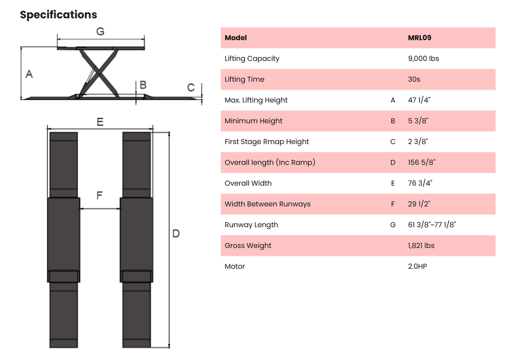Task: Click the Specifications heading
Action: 58,15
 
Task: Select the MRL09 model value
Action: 419,38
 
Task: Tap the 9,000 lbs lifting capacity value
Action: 423,58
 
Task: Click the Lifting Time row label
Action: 244,79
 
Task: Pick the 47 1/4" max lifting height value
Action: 419,100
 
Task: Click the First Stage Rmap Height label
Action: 266,142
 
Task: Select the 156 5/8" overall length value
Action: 421,163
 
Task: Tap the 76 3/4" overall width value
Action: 420,183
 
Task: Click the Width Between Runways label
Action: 267,204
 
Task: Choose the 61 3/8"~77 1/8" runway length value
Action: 432,225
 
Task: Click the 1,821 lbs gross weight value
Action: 421,246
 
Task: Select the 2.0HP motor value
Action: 417,266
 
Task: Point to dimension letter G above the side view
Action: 100,32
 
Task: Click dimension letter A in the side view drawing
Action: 29,74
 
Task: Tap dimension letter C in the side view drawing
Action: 191,87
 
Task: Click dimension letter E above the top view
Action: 100,122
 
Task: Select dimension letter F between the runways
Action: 100,196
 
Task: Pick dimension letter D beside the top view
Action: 176,233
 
